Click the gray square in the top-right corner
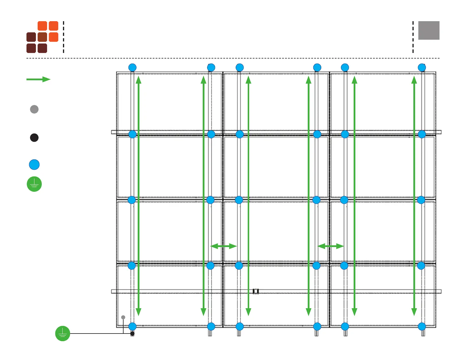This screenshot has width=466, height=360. pyautogui.click(x=429, y=30)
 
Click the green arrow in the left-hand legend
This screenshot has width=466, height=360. pyautogui.click(x=38, y=79)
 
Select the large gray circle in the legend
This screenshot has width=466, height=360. pyautogui.click(x=34, y=109)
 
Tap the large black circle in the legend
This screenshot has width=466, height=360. pyautogui.click(x=34, y=138)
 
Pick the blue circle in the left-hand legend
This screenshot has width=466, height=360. pyautogui.click(x=34, y=165)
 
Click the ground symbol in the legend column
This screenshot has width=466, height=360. pyautogui.click(x=34, y=184)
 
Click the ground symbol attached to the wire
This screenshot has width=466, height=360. pyautogui.click(x=63, y=334)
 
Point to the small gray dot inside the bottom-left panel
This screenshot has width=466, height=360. pyautogui.click(x=123, y=317)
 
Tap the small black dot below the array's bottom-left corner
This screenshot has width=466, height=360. pyautogui.click(x=132, y=334)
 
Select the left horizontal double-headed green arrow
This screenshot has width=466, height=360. pyautogui.click(x=224, y=246)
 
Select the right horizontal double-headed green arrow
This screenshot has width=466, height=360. pyautogui.click(x=331, y=246)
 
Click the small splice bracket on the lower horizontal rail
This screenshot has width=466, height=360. pyautogui.click(x=256, y=291)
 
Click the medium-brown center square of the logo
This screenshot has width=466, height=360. pyautogui.click(x=42, y=37)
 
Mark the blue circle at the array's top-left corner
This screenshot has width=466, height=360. pyautogui.click(x=132, y=68)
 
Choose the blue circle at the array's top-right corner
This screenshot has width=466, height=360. pyautogui.click(x=422, y=68)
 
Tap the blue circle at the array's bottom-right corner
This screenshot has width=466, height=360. pyautogui.click(x=422, y=326)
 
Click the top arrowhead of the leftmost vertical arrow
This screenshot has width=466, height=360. pyautogui.click(x=139, y=79)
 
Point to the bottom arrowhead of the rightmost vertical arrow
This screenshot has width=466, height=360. pyautogui.click(x=414, y=312)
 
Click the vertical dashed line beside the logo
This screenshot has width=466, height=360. pyautogui.click(x=64, y=37)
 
